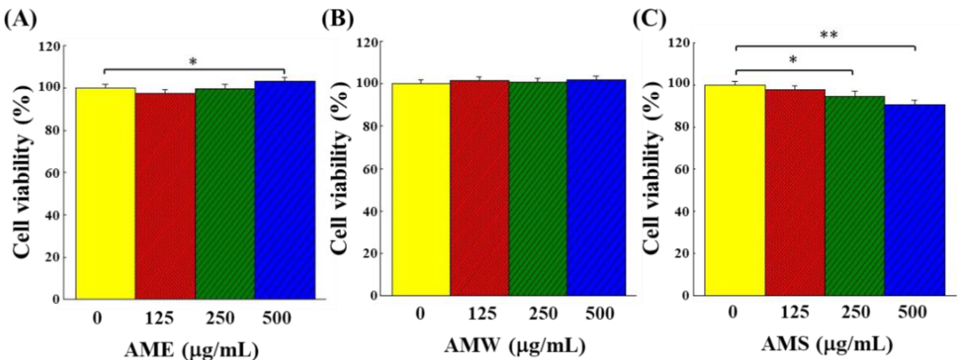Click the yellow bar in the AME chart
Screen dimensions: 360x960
(x=106, y=194)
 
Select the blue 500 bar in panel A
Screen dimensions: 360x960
(x=285, y=190)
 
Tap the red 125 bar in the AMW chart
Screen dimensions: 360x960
(x=480, y=188)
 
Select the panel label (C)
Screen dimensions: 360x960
(x=650, y=19)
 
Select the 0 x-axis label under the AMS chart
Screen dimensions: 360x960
(x=733, y=311)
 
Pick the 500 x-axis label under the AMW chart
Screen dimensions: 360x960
(x=599, y=313)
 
